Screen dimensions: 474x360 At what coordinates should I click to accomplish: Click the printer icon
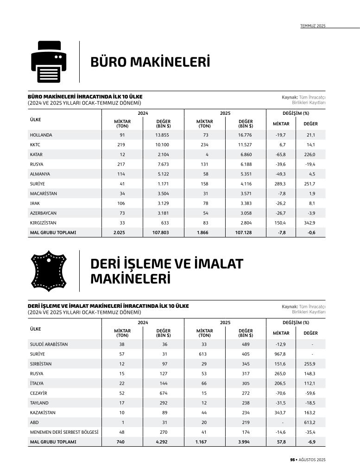click(x=49, y=62)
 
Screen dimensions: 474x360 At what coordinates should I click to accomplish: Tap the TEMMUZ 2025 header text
click(x=313, y=26)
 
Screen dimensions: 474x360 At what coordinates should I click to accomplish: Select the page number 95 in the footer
click(x=292, y=460)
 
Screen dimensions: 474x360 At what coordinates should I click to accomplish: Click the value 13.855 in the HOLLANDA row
click(x=163, y=135)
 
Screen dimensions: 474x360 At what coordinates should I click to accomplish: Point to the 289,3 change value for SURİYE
click(x=280, y=184)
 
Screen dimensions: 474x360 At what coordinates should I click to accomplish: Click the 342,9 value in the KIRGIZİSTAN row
click(x=309, y=223)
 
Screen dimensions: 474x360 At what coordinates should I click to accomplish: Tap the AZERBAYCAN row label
click(x=43, y=213)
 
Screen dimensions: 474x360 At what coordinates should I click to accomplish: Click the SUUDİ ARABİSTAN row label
click(x=49, y=344)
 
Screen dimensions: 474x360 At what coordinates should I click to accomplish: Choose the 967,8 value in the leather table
click(x=280, y=354)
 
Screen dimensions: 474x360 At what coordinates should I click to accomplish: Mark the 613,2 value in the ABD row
click(x=309, y=422)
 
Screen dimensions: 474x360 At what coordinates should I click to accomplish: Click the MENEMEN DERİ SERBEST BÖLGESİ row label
click(x=64, y=432)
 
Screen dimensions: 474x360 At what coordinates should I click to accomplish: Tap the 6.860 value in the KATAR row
click(x=245, y=155)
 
